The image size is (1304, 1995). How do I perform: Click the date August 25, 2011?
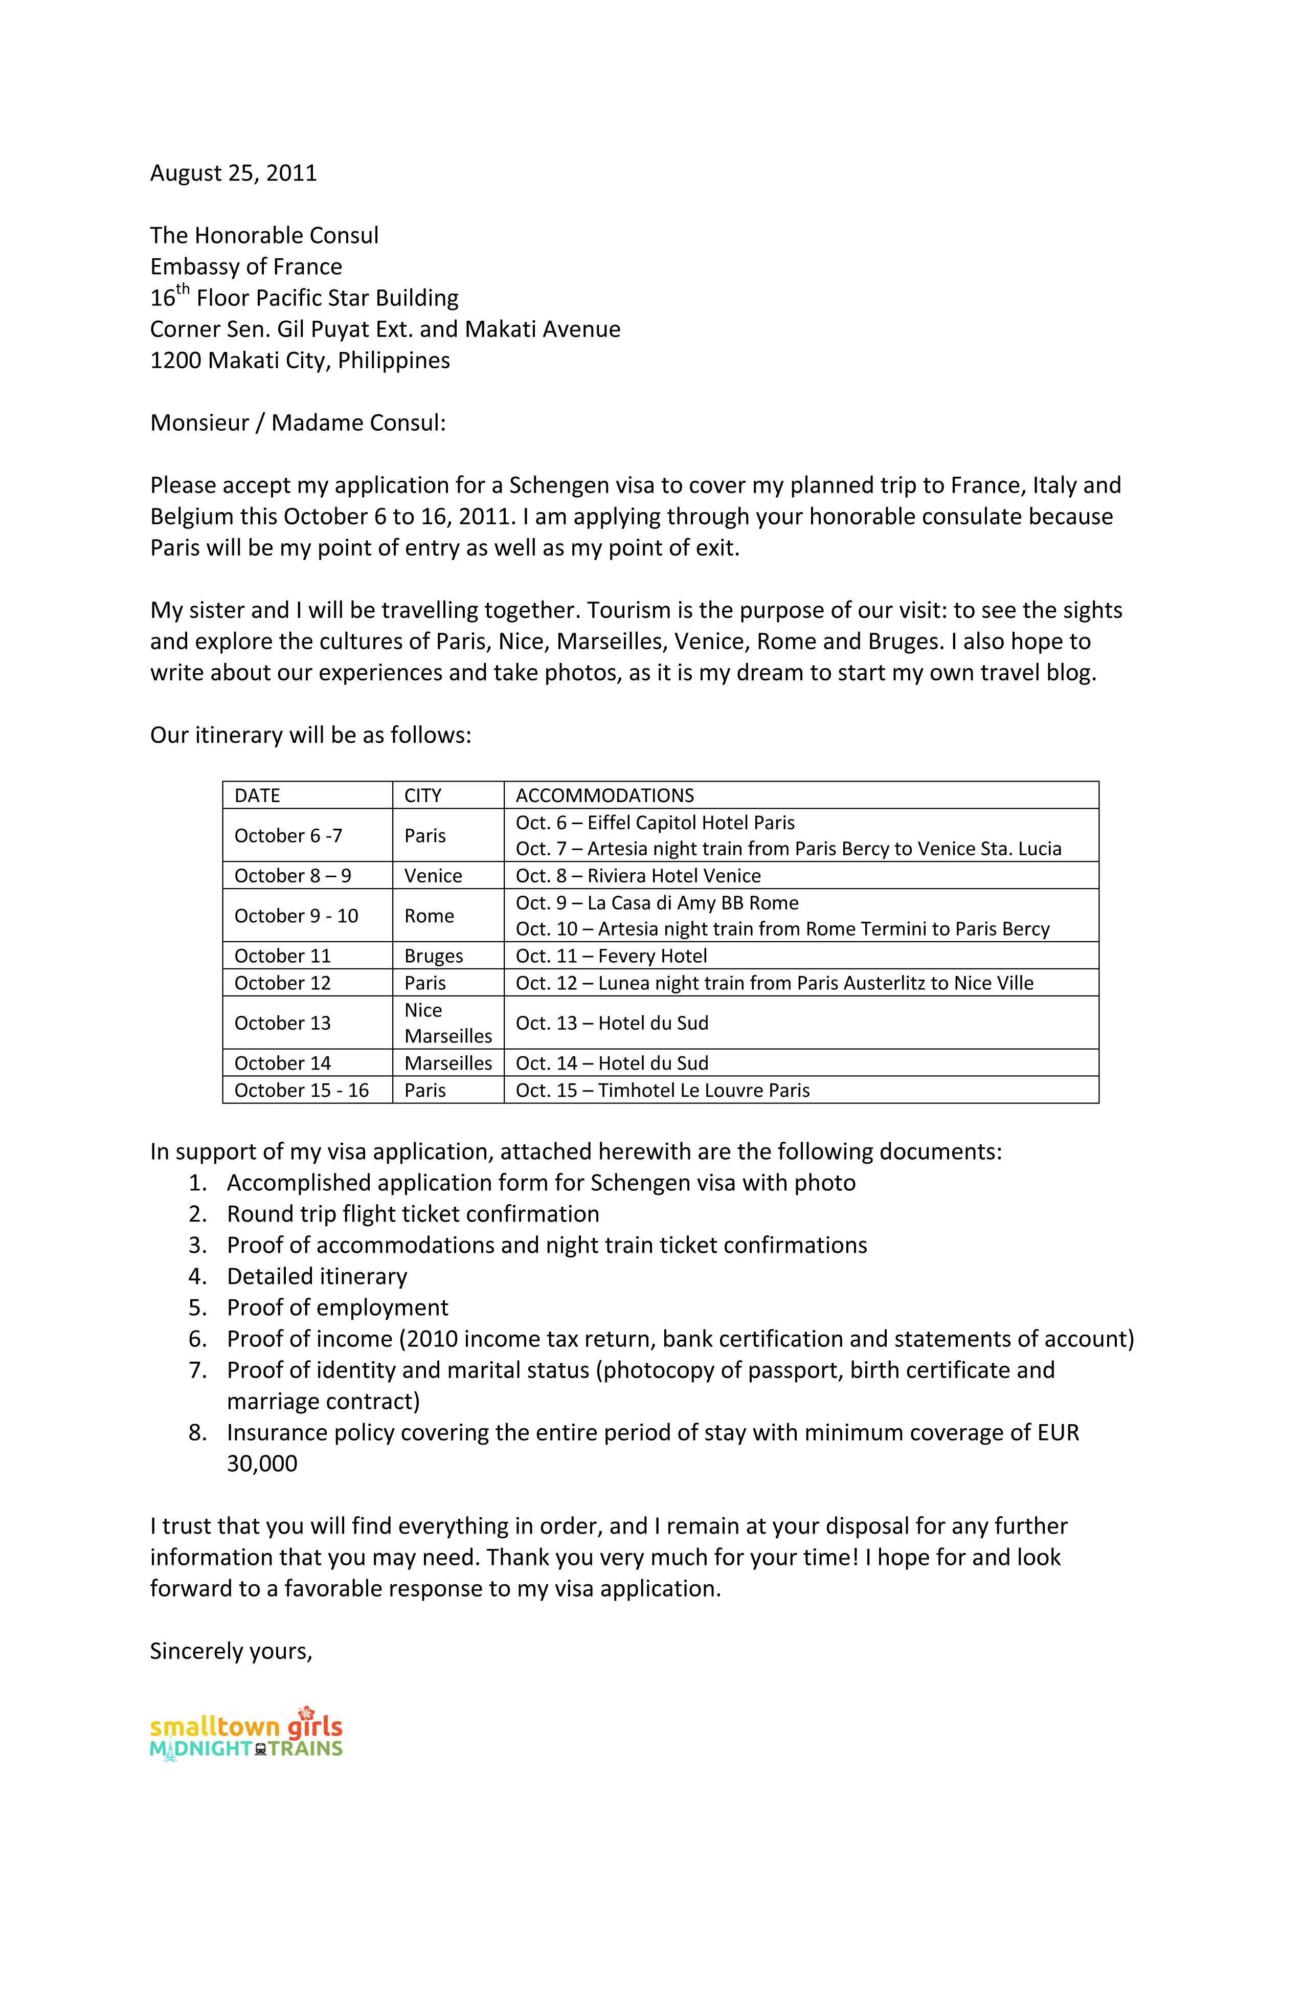click(x=233, y=173)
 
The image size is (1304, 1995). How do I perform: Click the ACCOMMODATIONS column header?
click(x=604, y=795)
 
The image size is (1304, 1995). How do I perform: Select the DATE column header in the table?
click(x=257, y=795)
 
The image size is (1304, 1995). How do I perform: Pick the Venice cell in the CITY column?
click(x=433, y=876)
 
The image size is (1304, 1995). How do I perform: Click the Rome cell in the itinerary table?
click(x=429, y=916)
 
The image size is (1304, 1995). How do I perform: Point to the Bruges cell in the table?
click(x=433, y=957)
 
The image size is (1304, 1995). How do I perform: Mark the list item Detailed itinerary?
click(x=317, y=1277)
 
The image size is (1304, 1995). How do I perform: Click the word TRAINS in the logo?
click(x=305, y=1748)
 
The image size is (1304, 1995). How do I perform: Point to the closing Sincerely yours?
click(x=231, y=1651)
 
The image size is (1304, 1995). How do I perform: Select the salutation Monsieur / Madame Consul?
click(x=298, y=424)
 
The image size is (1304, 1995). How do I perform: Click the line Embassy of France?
click(x=245, y=268)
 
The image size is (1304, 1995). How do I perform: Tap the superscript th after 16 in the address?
click(x=183, y=290)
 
